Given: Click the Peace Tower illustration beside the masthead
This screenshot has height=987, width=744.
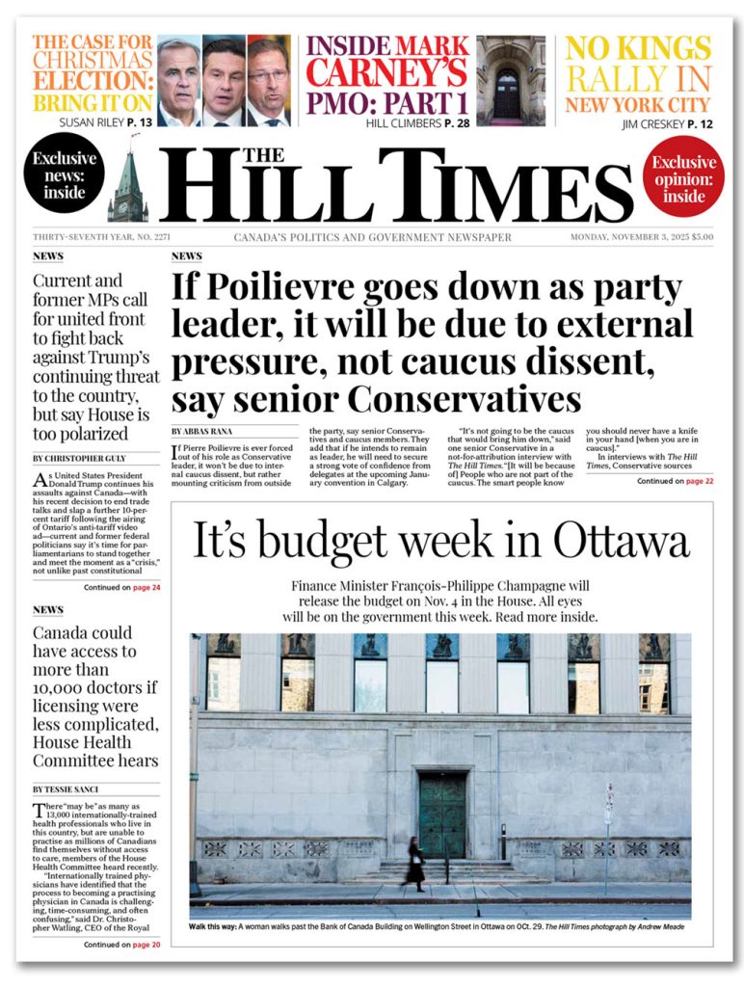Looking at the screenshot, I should coord(127,188).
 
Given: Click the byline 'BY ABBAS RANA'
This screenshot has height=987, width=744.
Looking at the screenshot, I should coord(202,431).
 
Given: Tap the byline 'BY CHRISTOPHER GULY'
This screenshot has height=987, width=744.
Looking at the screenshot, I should coord(82,458).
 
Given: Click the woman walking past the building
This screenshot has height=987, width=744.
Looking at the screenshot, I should coord(415,863).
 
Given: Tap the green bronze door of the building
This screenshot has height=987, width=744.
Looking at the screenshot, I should coord(442,814).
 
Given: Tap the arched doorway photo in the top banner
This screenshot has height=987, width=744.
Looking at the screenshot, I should coord(511,81).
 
